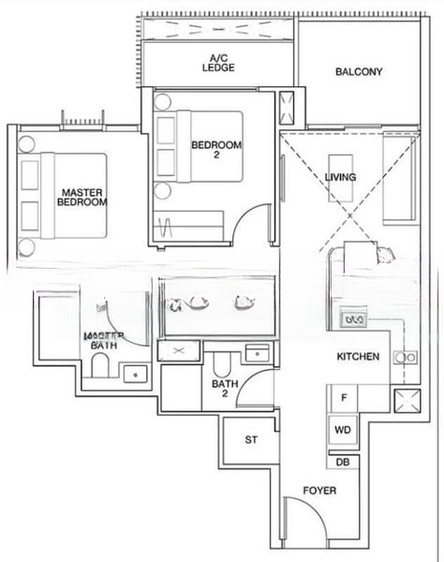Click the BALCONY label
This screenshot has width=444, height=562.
click(x=358, y=71)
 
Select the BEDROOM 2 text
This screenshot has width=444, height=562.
click(x=216, y=151)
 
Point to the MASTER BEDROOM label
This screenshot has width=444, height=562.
click(x=81, y=197)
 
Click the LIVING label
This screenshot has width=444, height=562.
click(x=340, y=177)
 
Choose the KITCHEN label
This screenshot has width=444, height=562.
click(x=359, y=357)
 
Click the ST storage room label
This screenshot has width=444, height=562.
click(x=251, y=439)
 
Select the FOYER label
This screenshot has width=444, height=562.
click(x=318, y=491)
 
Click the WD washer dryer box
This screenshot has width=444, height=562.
click(x=343, y=431)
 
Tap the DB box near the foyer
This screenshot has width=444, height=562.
click(x=342, y=462)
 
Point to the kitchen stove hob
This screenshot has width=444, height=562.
click(x=355, y=319)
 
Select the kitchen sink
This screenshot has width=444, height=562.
click(x=406, y=357)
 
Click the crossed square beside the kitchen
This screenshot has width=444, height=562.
click(x=407, y=406)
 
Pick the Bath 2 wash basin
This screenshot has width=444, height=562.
click(x=255, y=353)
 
